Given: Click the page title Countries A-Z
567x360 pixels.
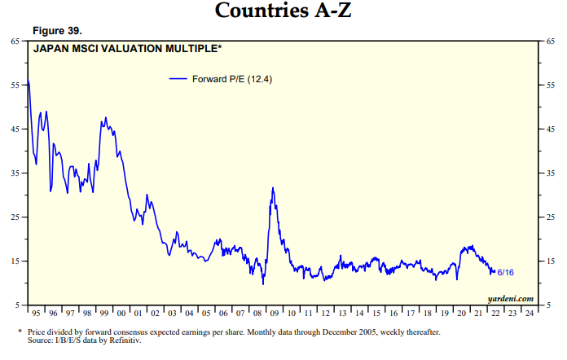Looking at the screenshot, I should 283,11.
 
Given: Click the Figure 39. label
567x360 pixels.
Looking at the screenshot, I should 56,31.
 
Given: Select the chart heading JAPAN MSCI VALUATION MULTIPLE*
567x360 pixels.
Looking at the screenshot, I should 127,49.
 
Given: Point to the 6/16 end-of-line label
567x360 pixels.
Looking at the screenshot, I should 505,272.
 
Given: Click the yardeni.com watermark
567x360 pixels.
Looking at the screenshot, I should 511,298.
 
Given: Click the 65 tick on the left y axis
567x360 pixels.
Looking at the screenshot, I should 15,41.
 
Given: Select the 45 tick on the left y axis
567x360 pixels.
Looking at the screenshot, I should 15,129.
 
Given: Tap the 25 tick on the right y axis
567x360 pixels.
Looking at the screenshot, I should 551,217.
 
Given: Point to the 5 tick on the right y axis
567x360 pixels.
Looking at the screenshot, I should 548,305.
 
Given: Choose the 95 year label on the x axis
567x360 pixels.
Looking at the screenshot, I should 37,313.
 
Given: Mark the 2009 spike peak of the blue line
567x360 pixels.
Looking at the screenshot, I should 273,188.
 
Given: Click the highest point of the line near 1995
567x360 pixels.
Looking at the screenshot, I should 29,80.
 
